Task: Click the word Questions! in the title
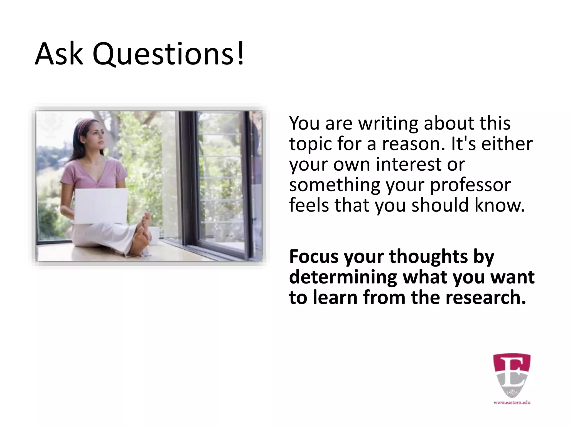coord(169,54)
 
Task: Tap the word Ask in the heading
coord(59,54)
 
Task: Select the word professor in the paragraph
coord(470,185)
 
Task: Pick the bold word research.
coord(485,297)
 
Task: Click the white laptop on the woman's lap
coord(101,206)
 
